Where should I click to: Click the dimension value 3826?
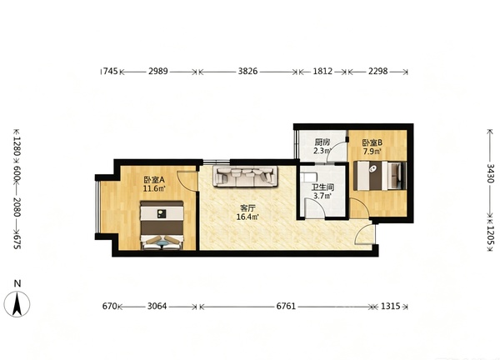pos(247,71)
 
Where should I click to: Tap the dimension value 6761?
pos(286,307)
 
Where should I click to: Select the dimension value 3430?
pos(491,173)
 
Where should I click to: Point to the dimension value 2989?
pos(157,71)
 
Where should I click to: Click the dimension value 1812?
pos(322,71)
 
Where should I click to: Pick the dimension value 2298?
pos(378,71)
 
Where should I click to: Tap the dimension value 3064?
pos(157,307)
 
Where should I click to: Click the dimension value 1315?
pos(391,307)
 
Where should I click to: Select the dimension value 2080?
pos(17,207)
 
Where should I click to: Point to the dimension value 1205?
pos(491,235)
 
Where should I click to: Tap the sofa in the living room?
pos(245,177)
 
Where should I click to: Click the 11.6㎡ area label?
pos(153,189)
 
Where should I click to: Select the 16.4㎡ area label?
pos(247,217)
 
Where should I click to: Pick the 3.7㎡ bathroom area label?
pos(322,196)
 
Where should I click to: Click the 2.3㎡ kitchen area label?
pos(322,151)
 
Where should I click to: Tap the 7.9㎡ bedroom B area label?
pos(372,151)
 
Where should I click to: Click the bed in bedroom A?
pos(162,225)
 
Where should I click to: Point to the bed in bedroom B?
pos(380,176)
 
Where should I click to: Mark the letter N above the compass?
pos(17,283)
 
